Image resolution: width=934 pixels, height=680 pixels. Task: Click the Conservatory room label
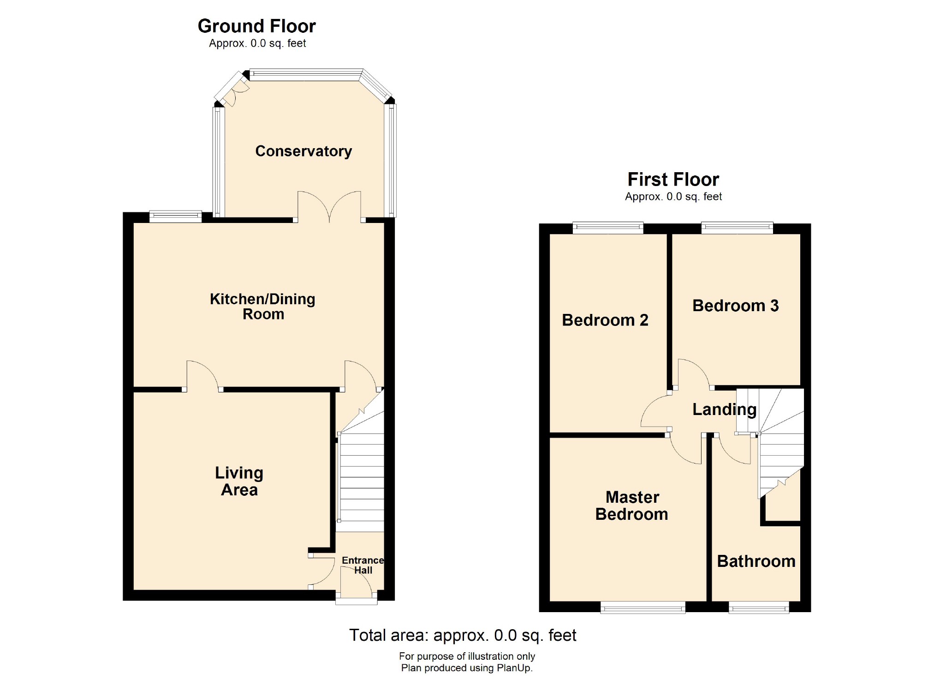click(x=303, y=151)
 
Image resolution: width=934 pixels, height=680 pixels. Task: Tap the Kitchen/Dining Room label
click(x=262, y=307)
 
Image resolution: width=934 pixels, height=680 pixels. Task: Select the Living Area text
click(x=239, y=481)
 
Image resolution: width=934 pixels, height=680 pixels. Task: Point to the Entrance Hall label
click(x=363, y=565)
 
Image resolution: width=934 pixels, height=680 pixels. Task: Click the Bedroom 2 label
click(x=605, y=320)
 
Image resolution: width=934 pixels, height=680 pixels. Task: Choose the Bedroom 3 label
click(x=735, y=306)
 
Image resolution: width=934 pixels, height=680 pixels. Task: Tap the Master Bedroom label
click(x=631, y=505)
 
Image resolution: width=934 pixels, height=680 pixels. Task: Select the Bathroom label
click(x=756, y=561)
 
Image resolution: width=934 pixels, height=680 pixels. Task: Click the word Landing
click(x=724, y=409)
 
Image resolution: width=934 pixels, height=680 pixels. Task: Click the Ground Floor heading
click(x=256, y=26)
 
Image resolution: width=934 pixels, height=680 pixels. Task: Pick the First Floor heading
click(x=673, y=180)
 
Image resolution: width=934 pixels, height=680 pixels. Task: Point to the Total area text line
click(x=462, y=636)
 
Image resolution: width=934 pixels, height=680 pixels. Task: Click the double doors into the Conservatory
click(x=329, y=208)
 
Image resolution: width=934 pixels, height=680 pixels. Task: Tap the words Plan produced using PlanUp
click(x=467, y=668)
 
